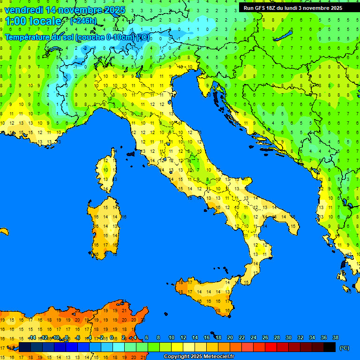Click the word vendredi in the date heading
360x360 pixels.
point(23,10)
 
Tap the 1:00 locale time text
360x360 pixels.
point(33,21)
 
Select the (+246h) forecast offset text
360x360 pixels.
point(83,21)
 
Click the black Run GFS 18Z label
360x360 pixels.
point(292,8)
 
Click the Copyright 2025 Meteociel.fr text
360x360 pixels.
point(199,356)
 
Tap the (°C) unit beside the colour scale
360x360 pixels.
point(344,348)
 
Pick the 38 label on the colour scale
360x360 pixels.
point(335,337)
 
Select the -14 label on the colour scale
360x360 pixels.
point(32,337)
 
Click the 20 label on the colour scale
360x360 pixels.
point(230,337)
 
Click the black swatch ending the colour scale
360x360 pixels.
point(330,347)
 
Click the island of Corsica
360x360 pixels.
point(107,171)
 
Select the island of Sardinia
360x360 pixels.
point(105,225)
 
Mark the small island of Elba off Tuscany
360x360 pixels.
point(130,153)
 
